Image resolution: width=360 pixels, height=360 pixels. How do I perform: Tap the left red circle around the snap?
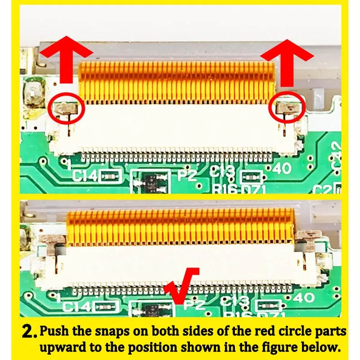(66, 108)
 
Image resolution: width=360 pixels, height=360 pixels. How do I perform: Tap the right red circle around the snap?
(287, 108)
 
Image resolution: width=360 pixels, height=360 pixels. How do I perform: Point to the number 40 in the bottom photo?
(303, 297)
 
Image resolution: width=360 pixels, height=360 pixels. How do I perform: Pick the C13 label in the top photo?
(222, 171)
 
